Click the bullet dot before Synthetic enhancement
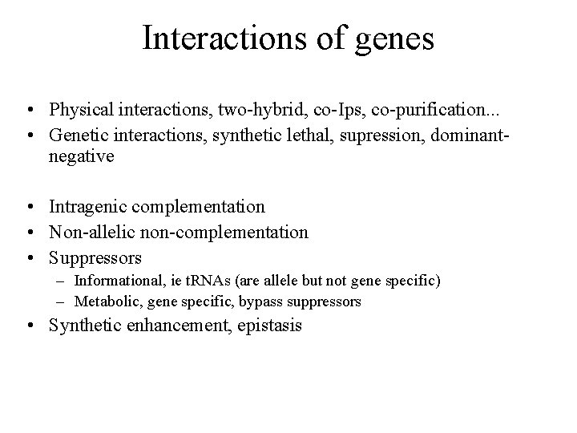pos(30,326)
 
